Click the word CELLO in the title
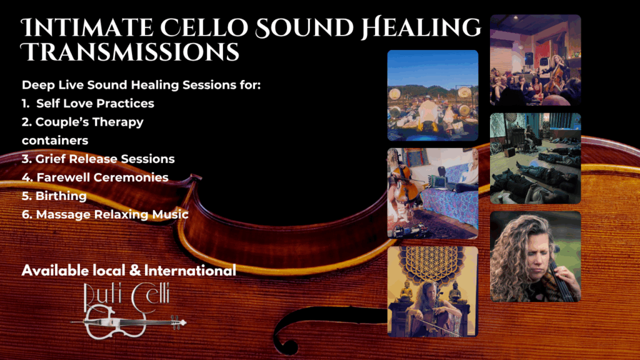coord(204,27)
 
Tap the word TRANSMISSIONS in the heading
coord(130,52)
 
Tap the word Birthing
coord(61,196)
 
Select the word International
coord(190,270)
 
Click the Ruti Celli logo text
coord(126,297)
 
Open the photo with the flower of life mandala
coord(432,291)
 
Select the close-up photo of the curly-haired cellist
coord(536,256)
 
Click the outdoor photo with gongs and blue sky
coord(432,96)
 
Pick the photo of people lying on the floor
coord(536,158)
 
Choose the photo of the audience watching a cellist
coord(536,60)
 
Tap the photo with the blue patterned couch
coord(432,194)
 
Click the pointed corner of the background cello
coord(199,177)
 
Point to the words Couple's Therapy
coord(89,122)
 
